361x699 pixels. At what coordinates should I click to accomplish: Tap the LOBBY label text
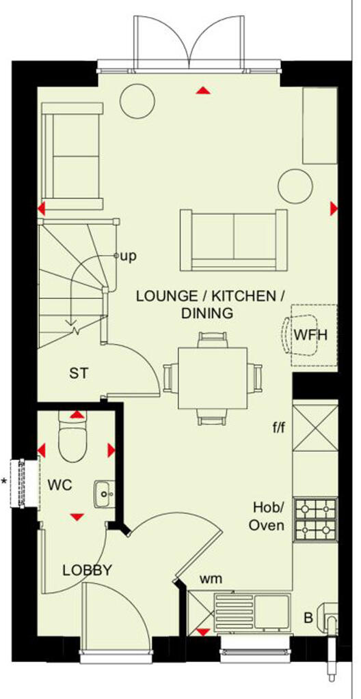point(87,571)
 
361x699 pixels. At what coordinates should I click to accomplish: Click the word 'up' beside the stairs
point(128,257)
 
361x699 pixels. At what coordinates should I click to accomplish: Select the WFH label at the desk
point(311,335)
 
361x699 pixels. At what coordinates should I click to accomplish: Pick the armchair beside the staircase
point(72,156)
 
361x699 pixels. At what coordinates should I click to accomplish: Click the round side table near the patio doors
point(135,101)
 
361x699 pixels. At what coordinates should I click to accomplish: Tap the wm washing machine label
point(211,580)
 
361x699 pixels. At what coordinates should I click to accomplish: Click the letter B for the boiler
point(308,618)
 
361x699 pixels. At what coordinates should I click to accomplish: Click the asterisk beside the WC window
point(5,482)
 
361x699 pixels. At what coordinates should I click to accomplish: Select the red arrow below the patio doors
point(202,90)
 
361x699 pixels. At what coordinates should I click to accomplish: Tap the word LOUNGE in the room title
point(162,296)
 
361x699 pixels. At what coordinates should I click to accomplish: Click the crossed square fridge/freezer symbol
point(315,427)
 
